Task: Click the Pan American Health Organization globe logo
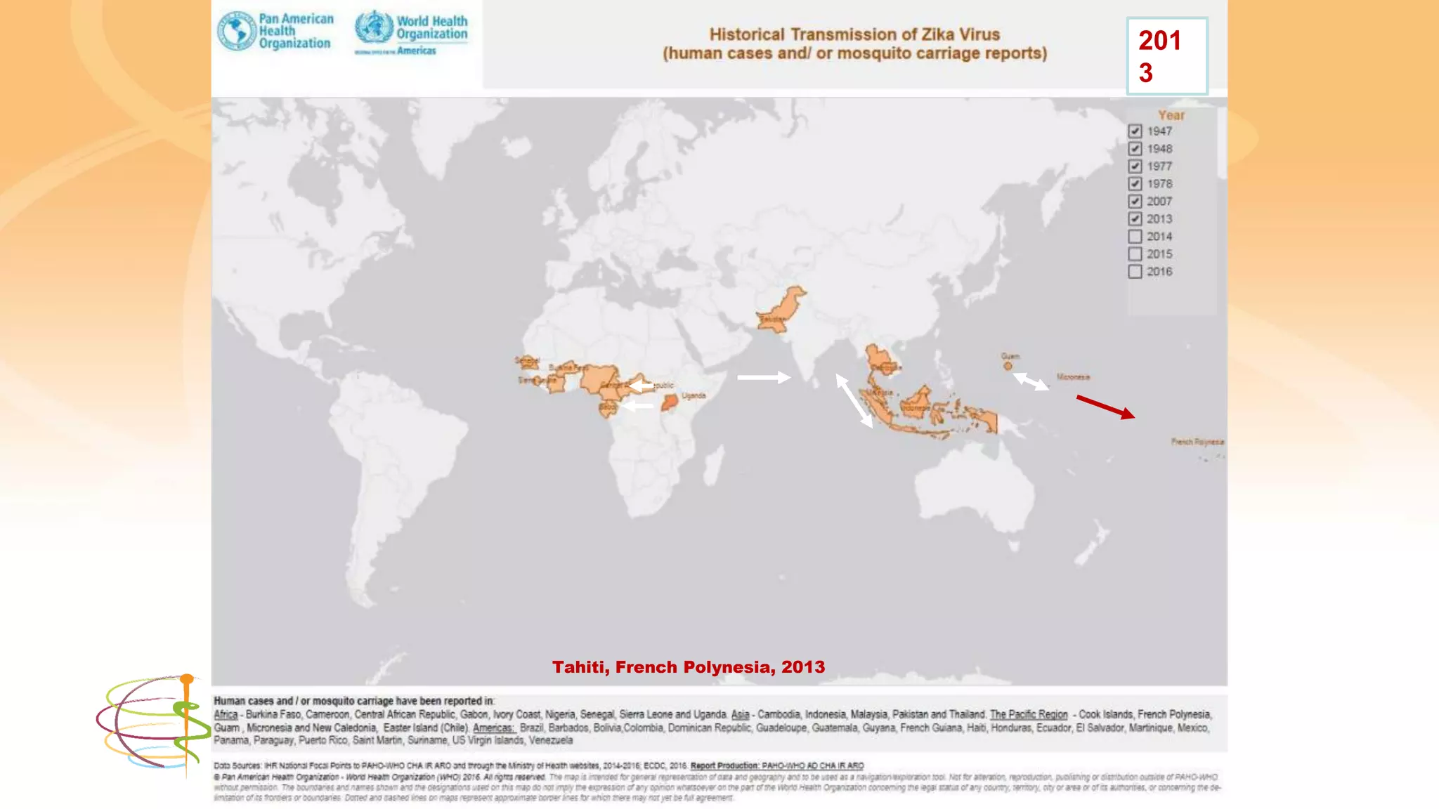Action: point(237,31)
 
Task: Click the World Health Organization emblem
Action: point(373,27)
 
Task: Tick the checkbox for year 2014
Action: point(1135,237)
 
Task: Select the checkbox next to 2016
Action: point(1135,272)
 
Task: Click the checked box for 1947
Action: point(1135,131)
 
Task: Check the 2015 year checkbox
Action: point(1135,254)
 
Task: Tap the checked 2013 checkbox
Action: point(1135,219)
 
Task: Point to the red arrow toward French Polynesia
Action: point(1105,407)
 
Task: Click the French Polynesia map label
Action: point(1197,442)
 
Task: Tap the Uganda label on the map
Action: point(694,395)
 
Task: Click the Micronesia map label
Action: point(1073,377)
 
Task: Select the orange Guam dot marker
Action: point(1008,366)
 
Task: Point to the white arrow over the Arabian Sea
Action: point(763,377)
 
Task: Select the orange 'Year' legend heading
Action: point(1171,115)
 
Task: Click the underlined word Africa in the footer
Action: point(226,714)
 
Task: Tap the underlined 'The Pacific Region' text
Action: point(1028,714)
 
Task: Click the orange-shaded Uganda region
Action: point(670,402)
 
